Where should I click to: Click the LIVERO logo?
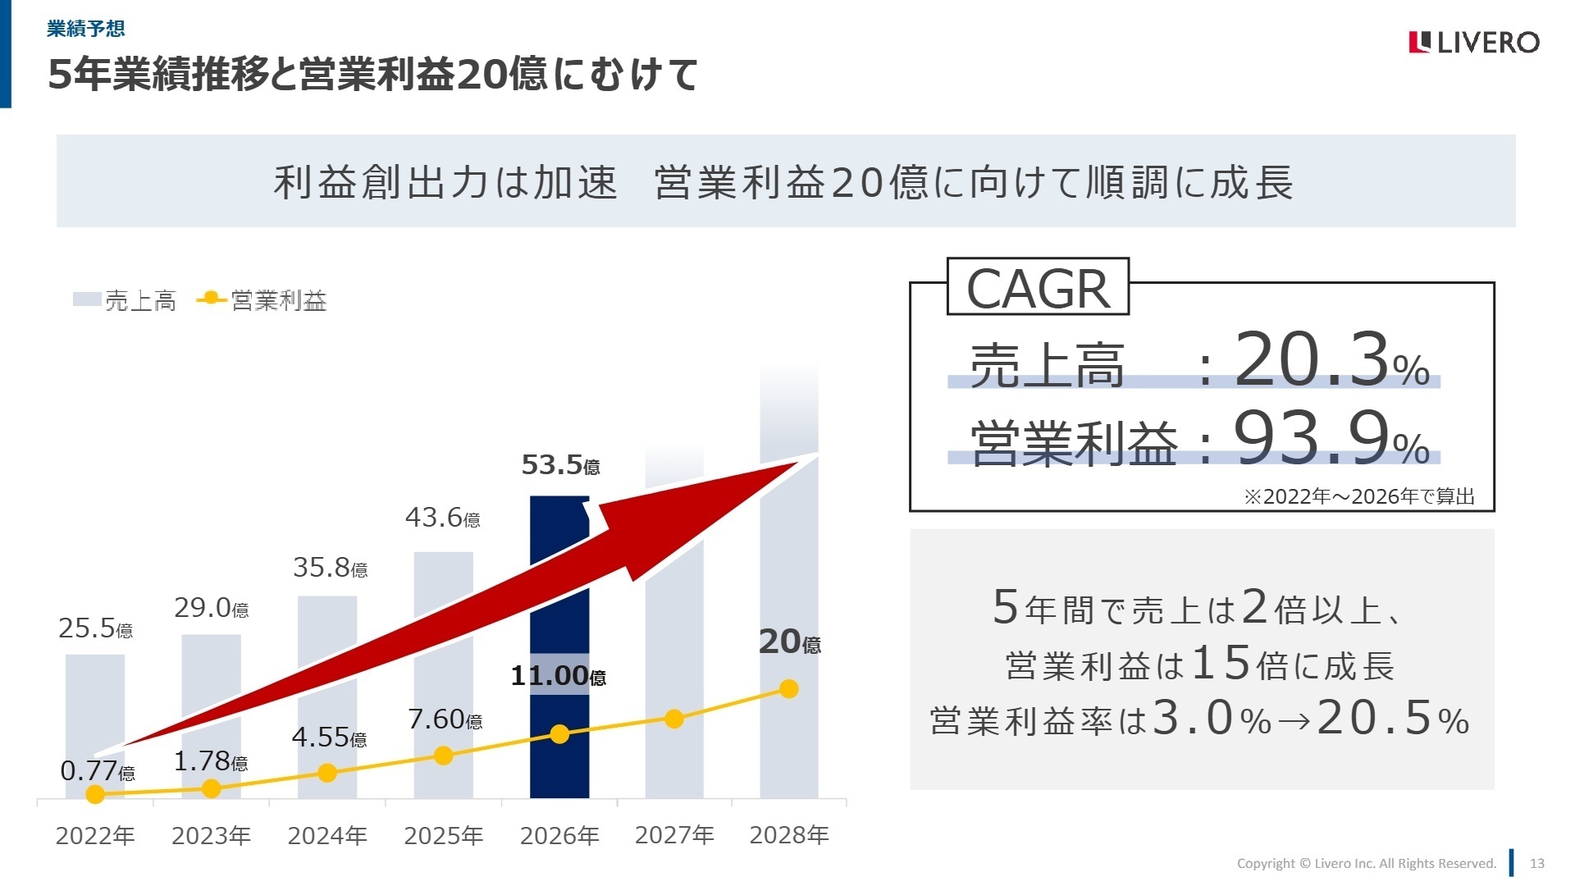point(1473,42)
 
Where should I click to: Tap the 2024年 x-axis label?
point(327,835)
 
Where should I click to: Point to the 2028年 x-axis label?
point(789,835)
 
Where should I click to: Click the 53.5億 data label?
point(560,465)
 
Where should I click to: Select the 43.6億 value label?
point(442,518)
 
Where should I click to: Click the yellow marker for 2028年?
point(789,689)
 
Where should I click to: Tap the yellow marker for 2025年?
point(443,756)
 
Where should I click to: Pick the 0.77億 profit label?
point(97,771)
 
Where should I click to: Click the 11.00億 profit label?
point(558,676)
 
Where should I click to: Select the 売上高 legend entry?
point(125,300)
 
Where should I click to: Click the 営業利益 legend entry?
point(262,300)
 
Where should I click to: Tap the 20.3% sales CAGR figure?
point(1331,361)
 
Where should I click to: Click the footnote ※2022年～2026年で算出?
point(1359,496)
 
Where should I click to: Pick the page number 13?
point(1537,863)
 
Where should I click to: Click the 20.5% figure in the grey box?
point(1393,719)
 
